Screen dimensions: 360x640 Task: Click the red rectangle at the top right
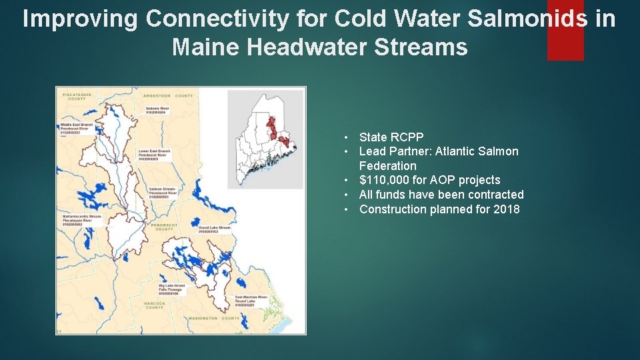point(565,30)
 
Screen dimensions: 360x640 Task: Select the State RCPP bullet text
point(391,137)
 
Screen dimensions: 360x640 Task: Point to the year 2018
point(507,209)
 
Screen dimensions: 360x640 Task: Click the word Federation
point(387,165)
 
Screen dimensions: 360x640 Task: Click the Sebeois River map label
point(157,110)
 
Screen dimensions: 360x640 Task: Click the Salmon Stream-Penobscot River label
point(163,193)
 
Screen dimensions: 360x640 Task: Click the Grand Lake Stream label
point(214,229)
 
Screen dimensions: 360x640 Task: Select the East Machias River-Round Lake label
point(251,300)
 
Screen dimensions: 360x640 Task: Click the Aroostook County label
point(170,96)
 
